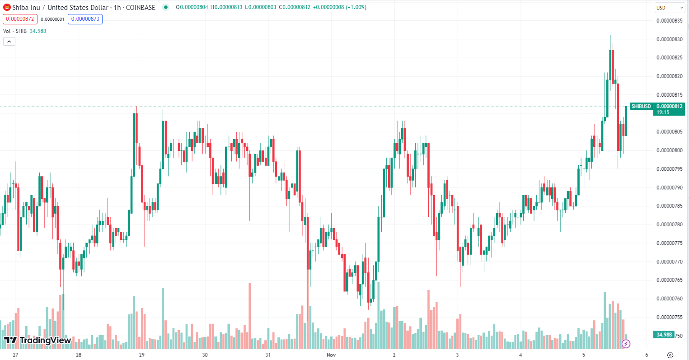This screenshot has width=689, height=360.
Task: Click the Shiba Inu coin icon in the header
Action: (7, 7)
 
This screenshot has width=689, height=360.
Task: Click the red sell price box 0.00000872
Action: (20, 19)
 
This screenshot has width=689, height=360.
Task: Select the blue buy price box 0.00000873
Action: (85, 19)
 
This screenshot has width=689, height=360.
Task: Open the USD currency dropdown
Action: (670, 8)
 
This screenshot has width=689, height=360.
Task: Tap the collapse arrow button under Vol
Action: (9, 42)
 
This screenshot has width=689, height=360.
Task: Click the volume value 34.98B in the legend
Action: (38, 31)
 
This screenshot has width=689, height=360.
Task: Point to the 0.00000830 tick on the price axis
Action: (669, 39)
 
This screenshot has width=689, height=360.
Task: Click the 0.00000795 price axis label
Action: (669, 169)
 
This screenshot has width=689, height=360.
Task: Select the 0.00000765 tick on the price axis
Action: (669, 280)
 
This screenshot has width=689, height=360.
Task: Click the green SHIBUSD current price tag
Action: (657, 109)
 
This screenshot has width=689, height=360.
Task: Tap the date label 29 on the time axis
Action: (142, 355)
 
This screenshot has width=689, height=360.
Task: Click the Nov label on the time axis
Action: (331, 355)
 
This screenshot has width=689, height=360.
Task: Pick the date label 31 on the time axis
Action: (268, 355)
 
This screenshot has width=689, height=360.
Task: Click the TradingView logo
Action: (37, 340)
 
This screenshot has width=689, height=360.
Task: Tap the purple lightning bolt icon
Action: (626, 344)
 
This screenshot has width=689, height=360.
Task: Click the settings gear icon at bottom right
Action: (670, 355)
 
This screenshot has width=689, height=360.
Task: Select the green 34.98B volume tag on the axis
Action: (664, 335)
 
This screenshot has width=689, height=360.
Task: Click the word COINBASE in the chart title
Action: (141, 7)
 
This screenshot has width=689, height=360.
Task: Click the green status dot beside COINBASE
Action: (165, 7)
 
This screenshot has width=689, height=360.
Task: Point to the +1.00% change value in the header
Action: (356, 7)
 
